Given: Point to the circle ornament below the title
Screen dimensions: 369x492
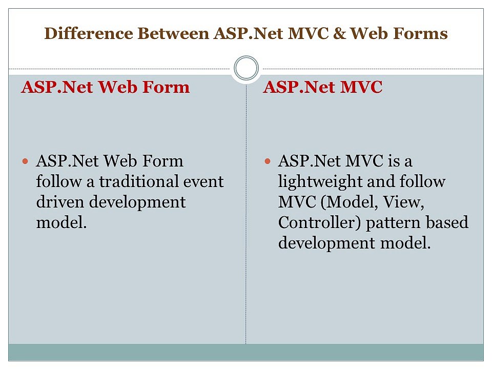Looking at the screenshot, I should click(246, 68).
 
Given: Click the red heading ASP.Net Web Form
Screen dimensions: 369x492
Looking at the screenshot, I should click(105, 88).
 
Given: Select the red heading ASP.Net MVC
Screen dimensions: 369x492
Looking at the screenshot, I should click(322, 88).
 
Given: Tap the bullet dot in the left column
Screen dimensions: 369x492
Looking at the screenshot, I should click(26, 161).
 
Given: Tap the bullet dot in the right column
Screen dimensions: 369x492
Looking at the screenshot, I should click(267, 161).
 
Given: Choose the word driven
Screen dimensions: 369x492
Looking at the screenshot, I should click(60, 202).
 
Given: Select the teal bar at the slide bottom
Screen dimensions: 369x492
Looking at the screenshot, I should click(246, 352).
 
